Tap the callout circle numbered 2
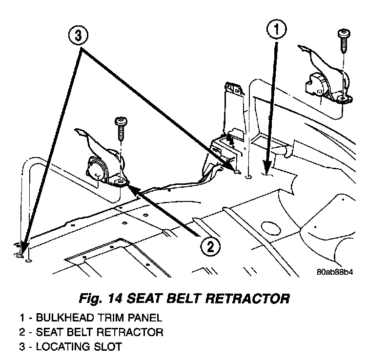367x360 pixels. coord(209,247)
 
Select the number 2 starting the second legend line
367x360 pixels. coord(22,332)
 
